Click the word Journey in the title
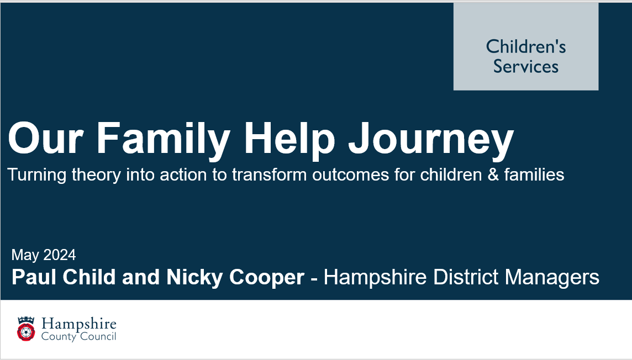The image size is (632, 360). click(431, 139)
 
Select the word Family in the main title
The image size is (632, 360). click(163, 139)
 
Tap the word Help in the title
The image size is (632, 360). click(289, 139)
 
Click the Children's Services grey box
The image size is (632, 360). click(525, 46)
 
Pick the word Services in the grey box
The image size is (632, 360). click(525, 66)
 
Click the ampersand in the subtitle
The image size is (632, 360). click(493, 175)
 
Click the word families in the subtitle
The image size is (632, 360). click(534, 175)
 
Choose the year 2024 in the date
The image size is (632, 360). click(59, 255)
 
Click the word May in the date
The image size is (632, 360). click(25, 256)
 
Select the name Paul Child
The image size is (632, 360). click(64, 277)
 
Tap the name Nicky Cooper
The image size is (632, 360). click(235, 277)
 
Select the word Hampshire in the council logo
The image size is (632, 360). click(79, 324)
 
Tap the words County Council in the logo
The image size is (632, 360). click(79, 337)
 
